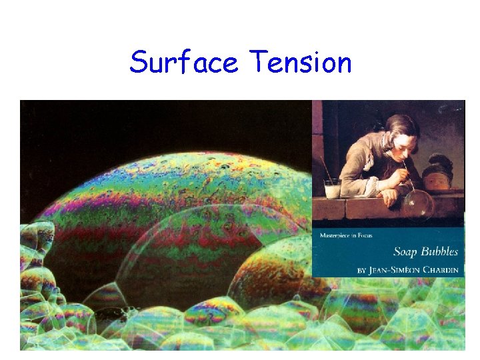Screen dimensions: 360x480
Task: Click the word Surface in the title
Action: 183,63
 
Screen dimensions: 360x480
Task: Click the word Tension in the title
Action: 300,63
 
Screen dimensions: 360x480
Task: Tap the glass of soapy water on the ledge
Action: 332,189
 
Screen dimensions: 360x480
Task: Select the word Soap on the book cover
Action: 407,251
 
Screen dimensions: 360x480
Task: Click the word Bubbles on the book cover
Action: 440,251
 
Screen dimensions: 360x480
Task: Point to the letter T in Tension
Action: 257,63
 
